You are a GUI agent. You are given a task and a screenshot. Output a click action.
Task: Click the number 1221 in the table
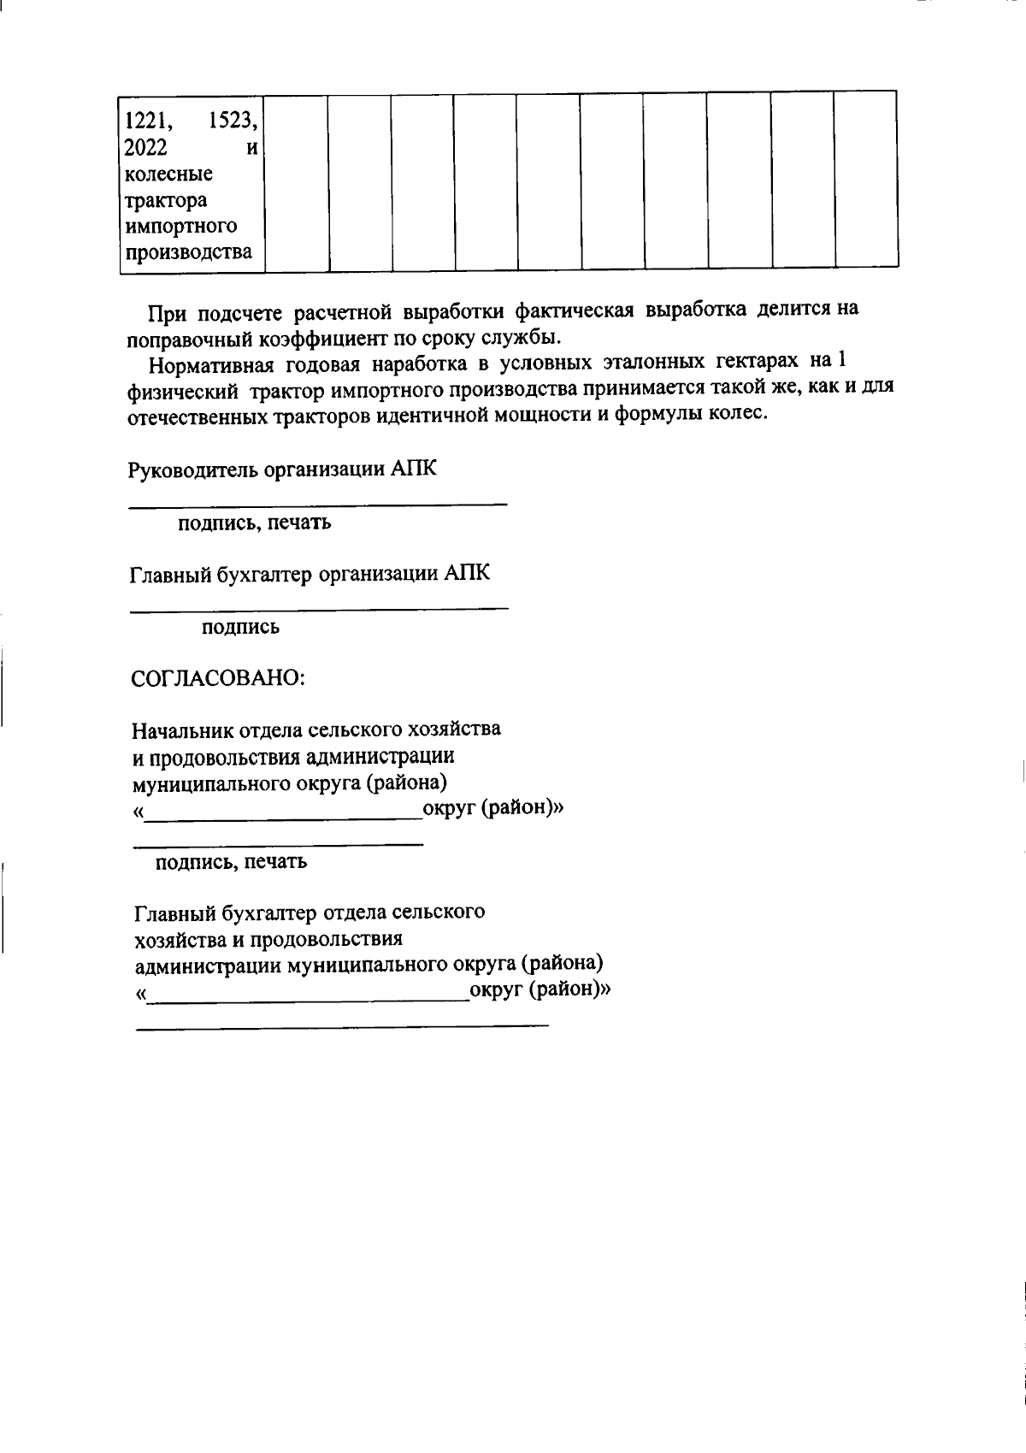click(142, 121)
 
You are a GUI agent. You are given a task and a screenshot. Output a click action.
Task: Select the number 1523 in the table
click(233, 121)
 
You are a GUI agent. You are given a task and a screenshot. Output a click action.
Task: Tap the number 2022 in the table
click(145, 147)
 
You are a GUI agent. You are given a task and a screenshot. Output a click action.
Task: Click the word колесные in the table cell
click(168, 174)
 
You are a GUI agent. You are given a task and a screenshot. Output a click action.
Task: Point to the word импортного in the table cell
click(180, 227)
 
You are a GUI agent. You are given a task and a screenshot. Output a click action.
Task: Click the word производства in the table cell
click(189, 253)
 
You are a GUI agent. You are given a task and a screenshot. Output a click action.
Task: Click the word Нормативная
click(211, 365)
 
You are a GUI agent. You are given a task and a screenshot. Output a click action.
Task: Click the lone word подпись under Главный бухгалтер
click(240, 629)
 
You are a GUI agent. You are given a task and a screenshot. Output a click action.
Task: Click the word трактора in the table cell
click(166, 201)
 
